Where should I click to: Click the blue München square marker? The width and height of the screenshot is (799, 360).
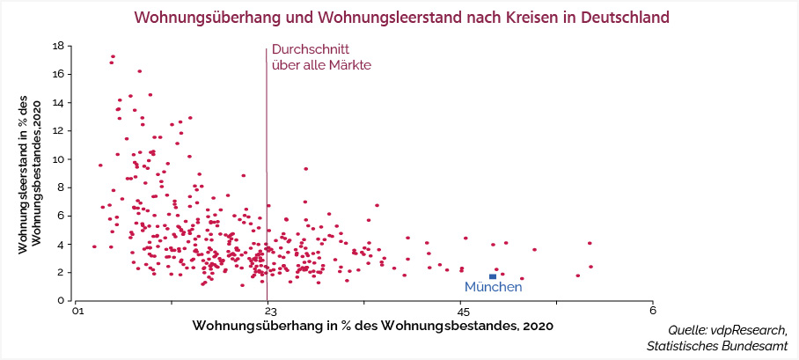click(493, 276)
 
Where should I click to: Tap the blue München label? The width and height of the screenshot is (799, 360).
click(493, 288)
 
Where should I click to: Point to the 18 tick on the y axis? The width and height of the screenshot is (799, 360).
click(56, 46)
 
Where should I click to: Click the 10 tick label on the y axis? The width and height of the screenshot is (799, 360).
click(56, 159)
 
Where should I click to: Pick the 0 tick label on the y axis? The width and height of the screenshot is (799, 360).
click(60, 300)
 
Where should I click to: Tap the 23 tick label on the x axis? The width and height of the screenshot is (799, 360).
click(267, 310)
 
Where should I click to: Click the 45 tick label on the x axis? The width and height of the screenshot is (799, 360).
click(460, 310)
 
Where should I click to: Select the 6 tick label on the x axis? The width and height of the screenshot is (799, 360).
click(652, 310)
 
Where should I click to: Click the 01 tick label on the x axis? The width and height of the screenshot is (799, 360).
click(77, 310)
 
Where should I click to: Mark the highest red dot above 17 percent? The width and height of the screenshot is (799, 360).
click(114, 57)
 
